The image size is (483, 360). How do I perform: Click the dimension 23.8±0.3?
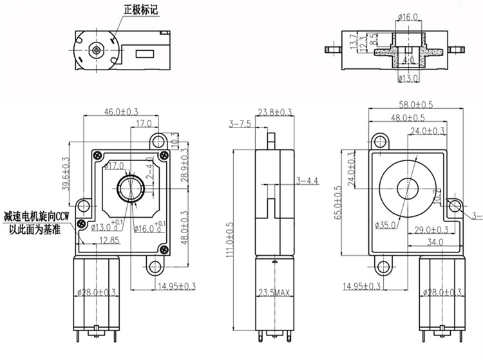(274, 113)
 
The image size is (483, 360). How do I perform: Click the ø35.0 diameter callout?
(384, 224)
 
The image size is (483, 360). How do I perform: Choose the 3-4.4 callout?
(308, 181)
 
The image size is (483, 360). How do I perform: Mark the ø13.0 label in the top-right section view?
(408, 79)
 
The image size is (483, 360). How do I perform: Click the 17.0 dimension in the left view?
(144, 123)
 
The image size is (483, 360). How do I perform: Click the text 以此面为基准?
(35, 228)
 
